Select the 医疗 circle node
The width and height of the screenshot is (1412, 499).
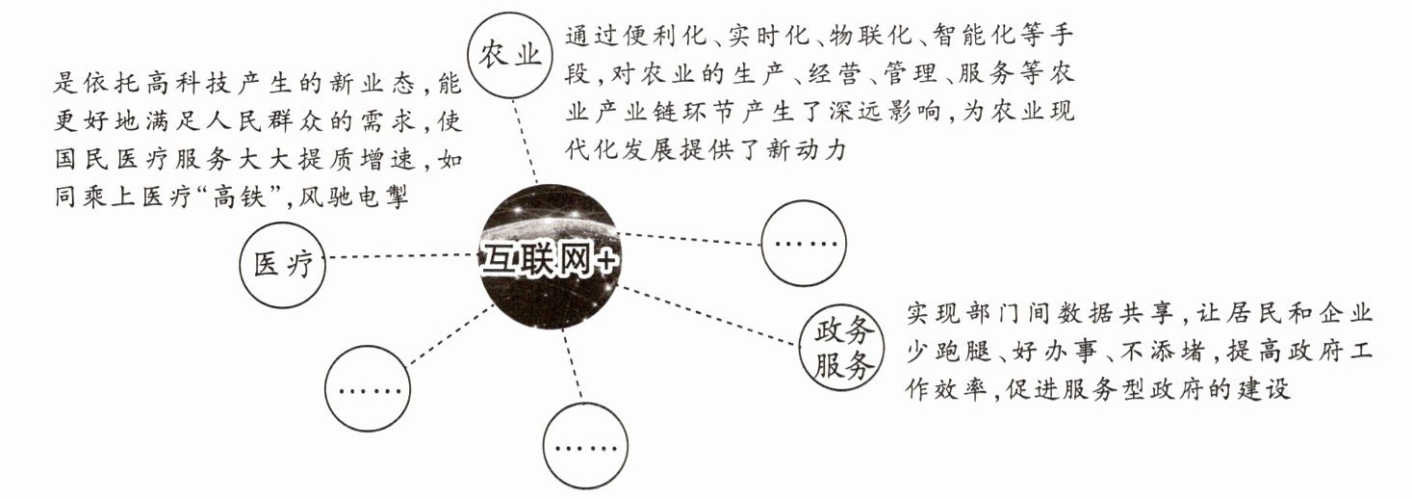283,264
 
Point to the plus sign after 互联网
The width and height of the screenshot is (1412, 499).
603,261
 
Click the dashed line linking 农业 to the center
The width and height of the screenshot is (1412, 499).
527,144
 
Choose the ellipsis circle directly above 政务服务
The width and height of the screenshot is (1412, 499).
804,242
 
